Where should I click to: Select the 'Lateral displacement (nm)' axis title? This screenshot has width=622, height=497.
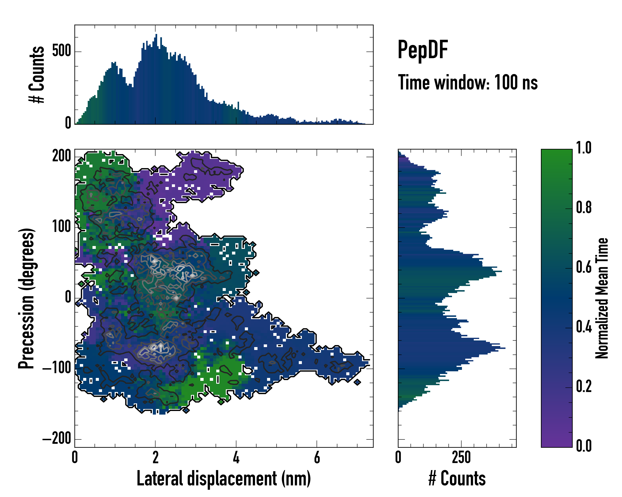(x=224, y=479)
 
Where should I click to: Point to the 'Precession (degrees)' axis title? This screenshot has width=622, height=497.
(x=26, y=298)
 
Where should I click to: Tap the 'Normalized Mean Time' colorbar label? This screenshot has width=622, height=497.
(x=601, y=298)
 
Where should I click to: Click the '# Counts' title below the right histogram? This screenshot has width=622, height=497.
(x=457, y=479)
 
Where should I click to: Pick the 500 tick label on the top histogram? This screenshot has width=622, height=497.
(x=61, y=52)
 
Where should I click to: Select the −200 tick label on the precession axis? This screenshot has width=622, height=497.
(x=57, y=439)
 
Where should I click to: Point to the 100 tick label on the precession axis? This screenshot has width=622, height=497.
(x=61, y=227)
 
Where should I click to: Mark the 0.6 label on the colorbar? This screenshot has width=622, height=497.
(x=584, y=267)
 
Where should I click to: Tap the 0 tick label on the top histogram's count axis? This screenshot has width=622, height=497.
(x=68, y=123)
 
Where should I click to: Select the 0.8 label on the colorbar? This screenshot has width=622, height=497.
(x=584, y=208)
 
